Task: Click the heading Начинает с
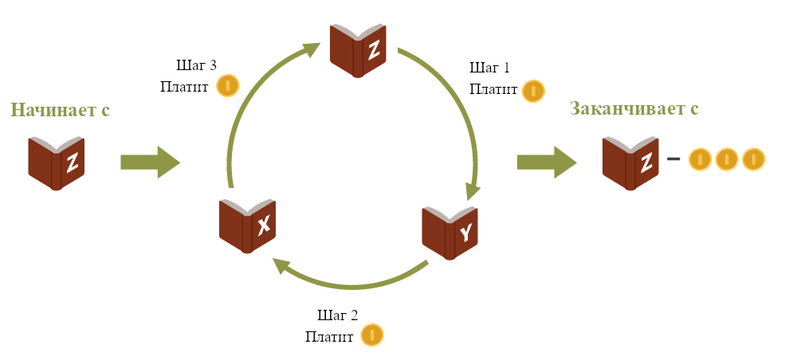(x=60, y=110)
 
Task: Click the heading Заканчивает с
(x=634, y=108)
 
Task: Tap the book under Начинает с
(x=56, y=163)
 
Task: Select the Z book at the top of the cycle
(x=358, y=50)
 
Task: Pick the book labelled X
(x=248, y=226)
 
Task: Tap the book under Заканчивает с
(x=631, y=163)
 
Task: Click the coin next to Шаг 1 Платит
(x=534, y=92)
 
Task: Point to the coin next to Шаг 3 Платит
(x=228, y=85)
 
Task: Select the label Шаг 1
(x=489, y=68)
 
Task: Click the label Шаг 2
(x=337, y=315)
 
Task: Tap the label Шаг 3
(x=196, y=65)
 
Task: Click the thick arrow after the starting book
(x=150, y=162)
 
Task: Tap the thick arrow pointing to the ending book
(x=547, y=162)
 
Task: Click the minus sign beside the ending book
(x=673, y=159)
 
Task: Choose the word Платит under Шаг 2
(x=329, y=336)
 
